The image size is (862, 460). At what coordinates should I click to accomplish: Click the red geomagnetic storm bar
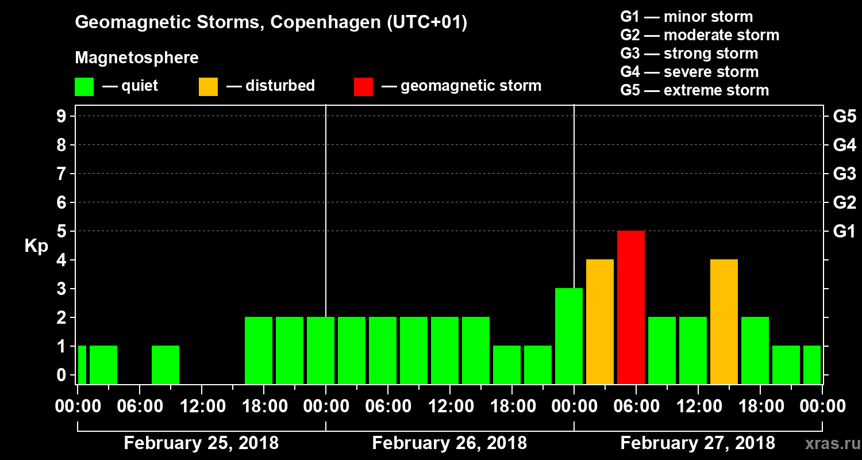click(630, 307)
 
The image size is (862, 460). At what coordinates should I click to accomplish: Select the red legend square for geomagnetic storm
click(363, 86)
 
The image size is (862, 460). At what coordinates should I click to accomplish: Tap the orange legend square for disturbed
click(208, 86)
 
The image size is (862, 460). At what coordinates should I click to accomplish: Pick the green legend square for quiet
click(84, 86)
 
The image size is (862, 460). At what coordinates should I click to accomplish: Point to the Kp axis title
click(36, 246)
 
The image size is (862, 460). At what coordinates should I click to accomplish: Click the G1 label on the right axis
click(844, 232)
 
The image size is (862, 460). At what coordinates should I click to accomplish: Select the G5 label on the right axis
click(844, 117)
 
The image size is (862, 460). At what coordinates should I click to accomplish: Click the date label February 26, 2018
click(449, 443)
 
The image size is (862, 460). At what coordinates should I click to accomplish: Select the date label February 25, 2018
click(201, 443)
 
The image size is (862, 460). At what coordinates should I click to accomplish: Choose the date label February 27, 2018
click(698, 443)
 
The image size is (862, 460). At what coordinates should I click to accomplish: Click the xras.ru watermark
click(828, 444)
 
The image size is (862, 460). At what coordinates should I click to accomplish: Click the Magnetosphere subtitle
click(137, 58)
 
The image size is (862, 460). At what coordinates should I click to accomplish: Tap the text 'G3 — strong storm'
click(689, 53)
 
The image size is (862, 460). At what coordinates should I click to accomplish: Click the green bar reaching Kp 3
click(568, 336)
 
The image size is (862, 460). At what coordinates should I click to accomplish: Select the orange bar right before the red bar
click(599, 321)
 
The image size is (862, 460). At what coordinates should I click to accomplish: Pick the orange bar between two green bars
click(724, 321)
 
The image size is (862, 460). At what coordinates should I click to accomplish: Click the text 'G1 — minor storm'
click(686, 17)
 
